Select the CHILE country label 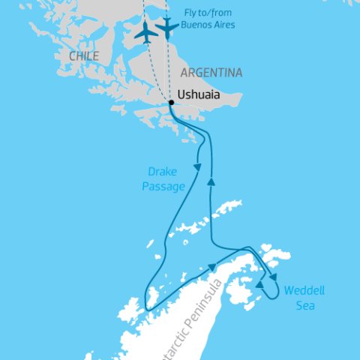82,55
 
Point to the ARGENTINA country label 211,73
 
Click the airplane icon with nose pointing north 145,32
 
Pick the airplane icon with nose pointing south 166,28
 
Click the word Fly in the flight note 192,13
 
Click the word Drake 163,171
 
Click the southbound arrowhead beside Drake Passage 198,164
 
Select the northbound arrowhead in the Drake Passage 212,181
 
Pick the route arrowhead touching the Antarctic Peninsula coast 213,266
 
